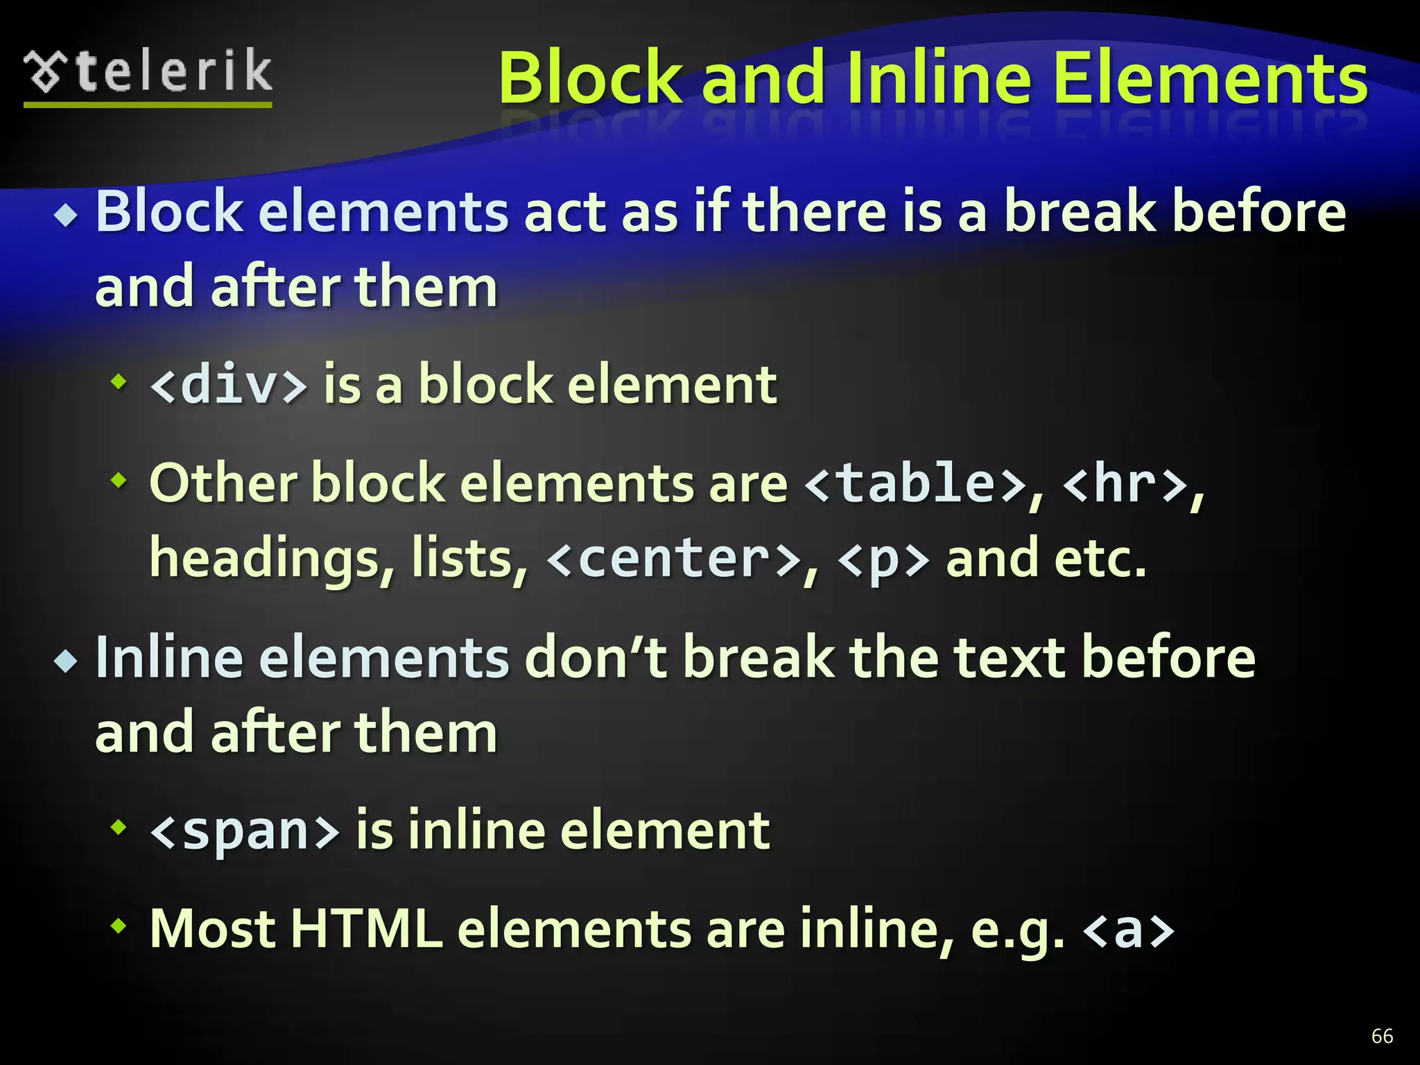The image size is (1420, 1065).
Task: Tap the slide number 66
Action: pos(1382,1036)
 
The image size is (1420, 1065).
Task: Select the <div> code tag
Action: pos(228,384)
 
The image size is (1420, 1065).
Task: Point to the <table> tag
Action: pos(915,483)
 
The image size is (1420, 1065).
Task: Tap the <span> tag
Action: pos(245,831)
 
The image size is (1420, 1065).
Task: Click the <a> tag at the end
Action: pos(1128,930)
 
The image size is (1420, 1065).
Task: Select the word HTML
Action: pos(365,928)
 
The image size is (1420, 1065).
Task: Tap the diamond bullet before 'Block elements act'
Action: pos(67,216)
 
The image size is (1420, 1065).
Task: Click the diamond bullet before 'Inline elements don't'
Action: pos(67,661)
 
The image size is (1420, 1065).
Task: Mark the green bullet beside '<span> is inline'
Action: pos(119,826)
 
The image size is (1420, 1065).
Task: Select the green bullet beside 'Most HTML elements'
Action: pos(119,925)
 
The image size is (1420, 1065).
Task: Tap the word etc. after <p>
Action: pos(1099,559)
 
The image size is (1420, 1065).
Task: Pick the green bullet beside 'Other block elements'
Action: pos(119,479)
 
